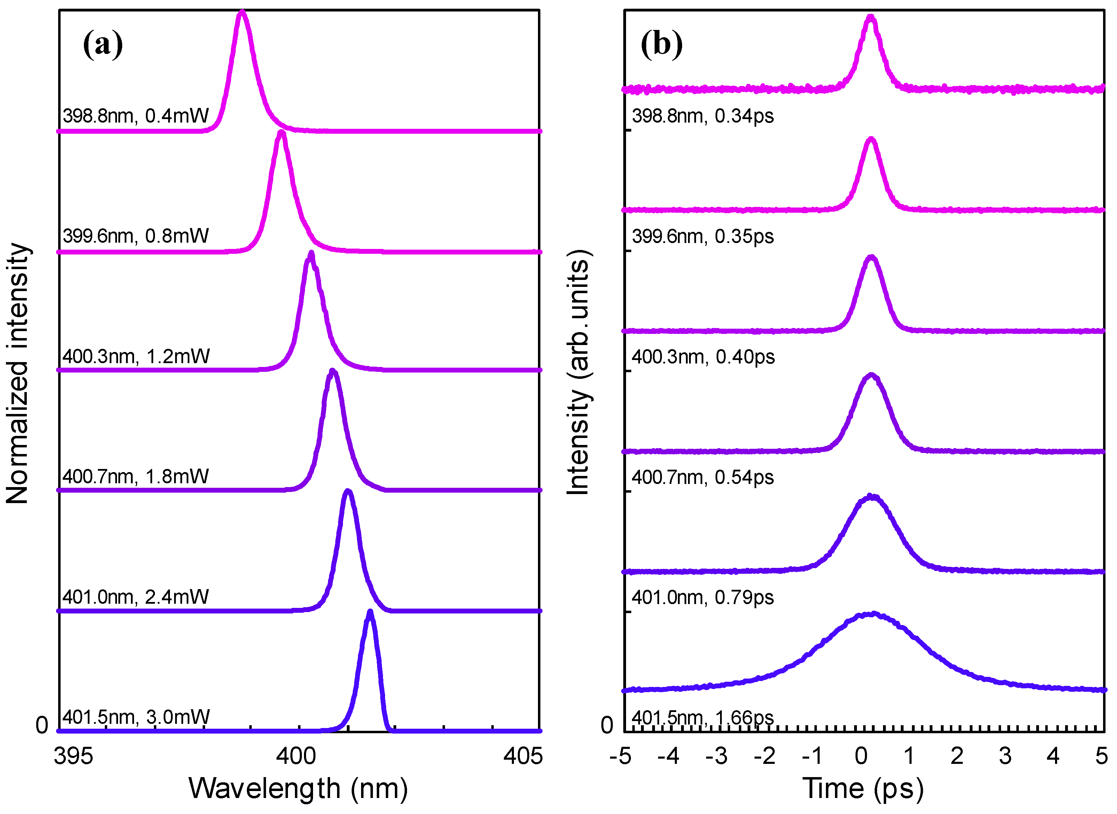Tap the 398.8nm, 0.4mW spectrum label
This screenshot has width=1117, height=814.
pos(135,116)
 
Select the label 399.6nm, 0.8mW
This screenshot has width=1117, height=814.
pos(135,236)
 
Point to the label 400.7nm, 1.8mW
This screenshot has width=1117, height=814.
pos(135,477)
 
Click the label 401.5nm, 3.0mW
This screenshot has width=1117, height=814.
pos(135,717)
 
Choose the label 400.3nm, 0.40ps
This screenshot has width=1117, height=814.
pos(703,357)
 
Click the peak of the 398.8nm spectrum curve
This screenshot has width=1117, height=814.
pos(241,12)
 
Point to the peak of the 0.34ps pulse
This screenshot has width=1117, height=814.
pos(871,17)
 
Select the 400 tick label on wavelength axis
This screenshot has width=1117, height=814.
pos(296,756)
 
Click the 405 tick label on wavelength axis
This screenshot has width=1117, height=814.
pos(523,756)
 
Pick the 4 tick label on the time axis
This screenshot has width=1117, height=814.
pos(1053,756)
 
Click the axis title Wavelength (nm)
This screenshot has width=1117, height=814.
pos(298,788)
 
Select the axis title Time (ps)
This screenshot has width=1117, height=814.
pos(863,788)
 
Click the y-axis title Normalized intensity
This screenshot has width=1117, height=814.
pos(18,373)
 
